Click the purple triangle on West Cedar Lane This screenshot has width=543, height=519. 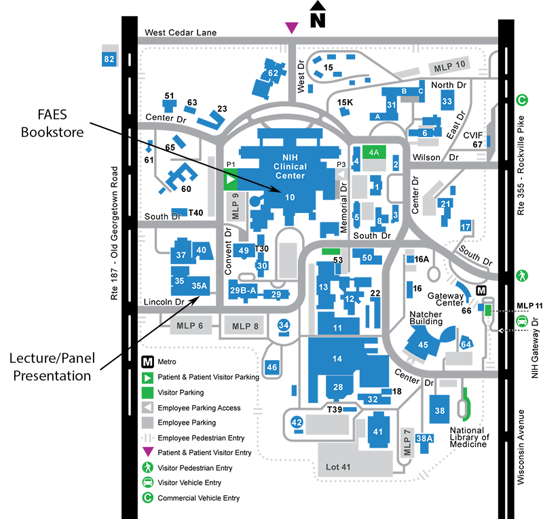pos(291,27)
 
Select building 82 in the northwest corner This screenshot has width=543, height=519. pos(109,59)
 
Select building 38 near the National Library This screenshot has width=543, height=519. pos(440,410)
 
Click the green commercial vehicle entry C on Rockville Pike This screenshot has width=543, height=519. pos(522,100)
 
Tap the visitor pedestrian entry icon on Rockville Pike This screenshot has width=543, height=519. pos(522,276)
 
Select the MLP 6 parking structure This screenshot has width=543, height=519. pos(190,326)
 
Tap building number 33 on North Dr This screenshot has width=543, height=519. pos(447,102)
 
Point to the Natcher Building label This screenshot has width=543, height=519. pos(426,320)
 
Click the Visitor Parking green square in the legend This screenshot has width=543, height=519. pos(148,392)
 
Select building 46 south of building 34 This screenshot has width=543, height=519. pos(272,367)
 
